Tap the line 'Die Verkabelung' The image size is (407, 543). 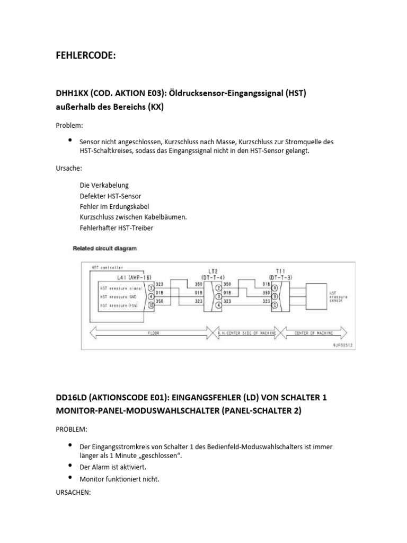tap(104, 185)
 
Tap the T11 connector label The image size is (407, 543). tap(279, 270)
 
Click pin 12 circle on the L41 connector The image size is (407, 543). tap(151, 306)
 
